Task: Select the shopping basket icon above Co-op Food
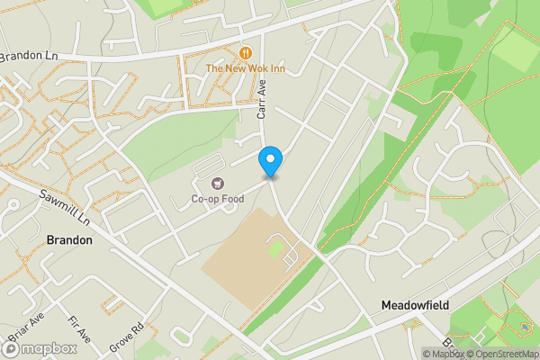click(x=216, y=184)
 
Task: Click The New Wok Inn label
click(x=245, y=67)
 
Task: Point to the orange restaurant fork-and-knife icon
click(x=245, y=52)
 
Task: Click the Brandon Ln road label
click(x=28, y=56)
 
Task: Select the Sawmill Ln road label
click(x=66, y=208)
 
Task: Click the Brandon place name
click(x=69, y=240)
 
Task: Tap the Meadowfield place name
click(x=414, y=305)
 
